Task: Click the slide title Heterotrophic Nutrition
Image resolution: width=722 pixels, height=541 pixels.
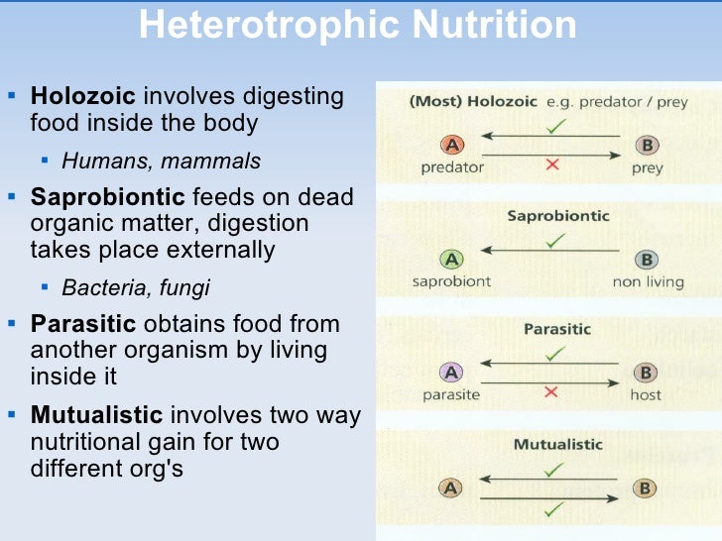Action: coord(357,26)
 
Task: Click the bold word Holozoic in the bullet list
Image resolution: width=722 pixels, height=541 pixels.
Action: coord(84,97)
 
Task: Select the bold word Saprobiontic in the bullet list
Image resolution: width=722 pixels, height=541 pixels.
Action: coord(107,197)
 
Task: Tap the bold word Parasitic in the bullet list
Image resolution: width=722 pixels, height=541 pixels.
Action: coord(83,324)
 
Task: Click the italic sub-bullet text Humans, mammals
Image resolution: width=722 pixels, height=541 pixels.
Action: coord(162,161)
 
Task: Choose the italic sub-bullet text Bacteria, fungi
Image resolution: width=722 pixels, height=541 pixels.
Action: coord(136,288)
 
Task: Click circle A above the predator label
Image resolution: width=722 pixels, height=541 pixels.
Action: coord(452,146)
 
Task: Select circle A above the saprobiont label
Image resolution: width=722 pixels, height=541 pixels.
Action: coord(452,260)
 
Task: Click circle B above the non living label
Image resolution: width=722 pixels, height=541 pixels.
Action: coord(647,260)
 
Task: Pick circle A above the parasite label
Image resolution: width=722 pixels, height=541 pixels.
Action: coord(452,374)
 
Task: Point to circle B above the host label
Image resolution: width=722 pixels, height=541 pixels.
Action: coord(647,374)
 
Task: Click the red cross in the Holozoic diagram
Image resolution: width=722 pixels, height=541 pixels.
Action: coord(551,165)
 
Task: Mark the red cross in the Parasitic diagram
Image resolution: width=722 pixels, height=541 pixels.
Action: coord(551,392)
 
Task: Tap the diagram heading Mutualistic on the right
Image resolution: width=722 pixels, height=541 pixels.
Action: coord(557,444)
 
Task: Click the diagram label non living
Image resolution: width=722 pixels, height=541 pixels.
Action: coord(649,281)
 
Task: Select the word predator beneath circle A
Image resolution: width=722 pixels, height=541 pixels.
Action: coord(451,167)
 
